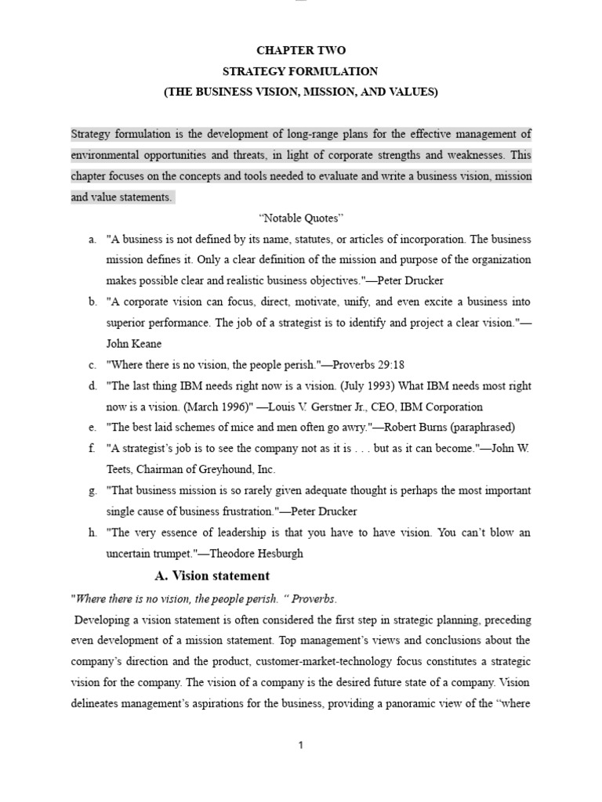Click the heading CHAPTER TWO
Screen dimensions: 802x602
click(301, 51)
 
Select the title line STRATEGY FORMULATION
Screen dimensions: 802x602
click(301, 71)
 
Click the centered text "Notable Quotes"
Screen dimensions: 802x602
click(301, 217)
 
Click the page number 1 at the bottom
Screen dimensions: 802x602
click(301, 746)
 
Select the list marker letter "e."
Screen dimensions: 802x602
click(93, 428)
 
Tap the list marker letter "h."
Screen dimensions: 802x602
click(93, 533)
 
